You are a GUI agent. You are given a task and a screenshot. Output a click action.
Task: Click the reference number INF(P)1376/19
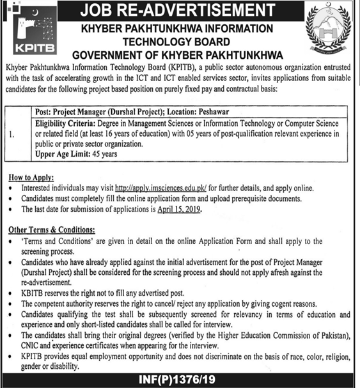tap(180, 380)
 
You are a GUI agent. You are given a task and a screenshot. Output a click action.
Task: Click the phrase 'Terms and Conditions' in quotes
tap(54, 242)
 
